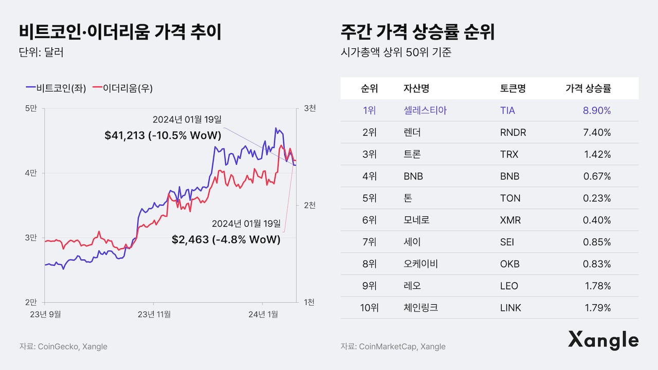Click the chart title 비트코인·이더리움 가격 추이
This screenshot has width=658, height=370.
click(120, 32)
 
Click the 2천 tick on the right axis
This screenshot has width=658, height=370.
click(310, 205)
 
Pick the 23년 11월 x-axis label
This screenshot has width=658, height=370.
click(154, 313)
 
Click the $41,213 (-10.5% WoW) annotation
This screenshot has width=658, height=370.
click(162, 136)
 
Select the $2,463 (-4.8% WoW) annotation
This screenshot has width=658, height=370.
click(226, 239)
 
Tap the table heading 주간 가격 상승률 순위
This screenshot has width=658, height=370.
click(417, 32)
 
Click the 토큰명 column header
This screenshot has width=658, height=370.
click(513, 88)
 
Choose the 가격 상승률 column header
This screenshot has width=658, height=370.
click(588, 88)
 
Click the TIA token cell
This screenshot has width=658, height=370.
click(507, 110)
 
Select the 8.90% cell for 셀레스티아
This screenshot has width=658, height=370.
click(597, 110)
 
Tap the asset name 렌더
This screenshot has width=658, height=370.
click(412, 133)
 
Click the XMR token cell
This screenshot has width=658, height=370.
click(510, 220)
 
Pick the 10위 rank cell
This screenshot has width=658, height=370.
click(369, 308)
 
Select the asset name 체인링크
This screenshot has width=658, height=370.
click(421, 308)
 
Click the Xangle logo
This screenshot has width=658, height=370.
click(603, 340)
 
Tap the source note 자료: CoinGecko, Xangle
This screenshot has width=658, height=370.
click(63, 346)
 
